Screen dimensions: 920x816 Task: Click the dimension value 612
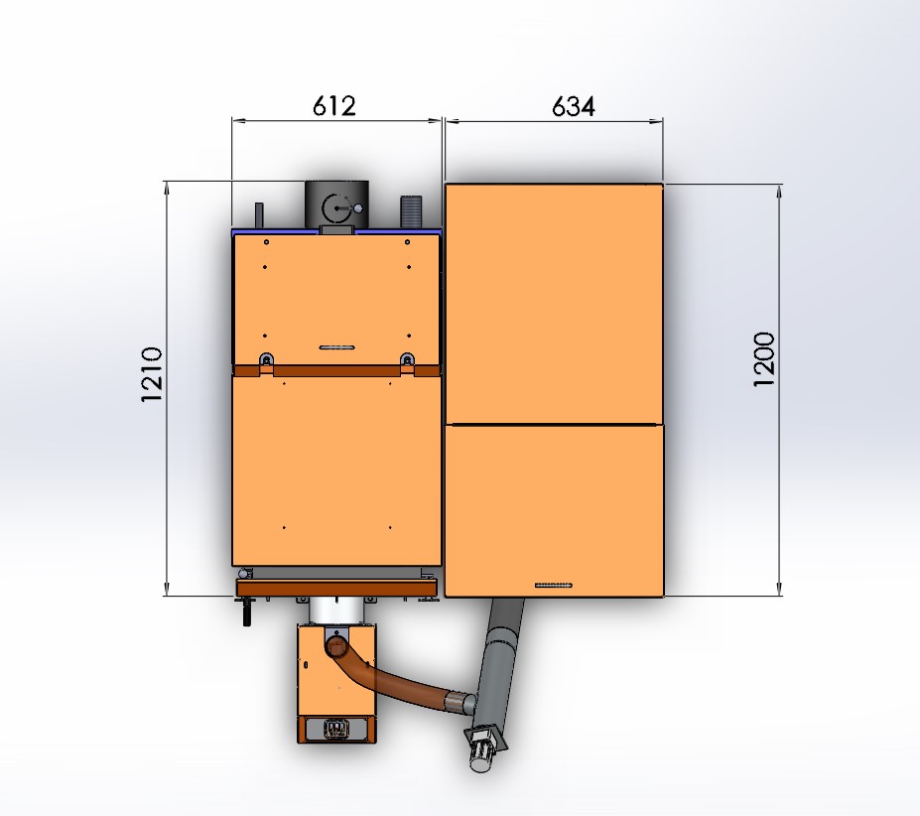[x=333, y=106]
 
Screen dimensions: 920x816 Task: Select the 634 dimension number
[x=574, y=107]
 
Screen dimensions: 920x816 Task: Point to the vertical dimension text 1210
[x=152, y=374]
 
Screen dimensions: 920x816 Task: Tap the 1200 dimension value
[x=764, y=359]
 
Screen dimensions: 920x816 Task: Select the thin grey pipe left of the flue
[x=259, y=214]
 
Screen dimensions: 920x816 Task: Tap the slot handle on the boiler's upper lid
[x=336, y=346]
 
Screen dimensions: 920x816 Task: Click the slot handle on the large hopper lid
[x=554, y=585]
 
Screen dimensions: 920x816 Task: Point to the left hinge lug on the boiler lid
[x=266, y=358]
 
